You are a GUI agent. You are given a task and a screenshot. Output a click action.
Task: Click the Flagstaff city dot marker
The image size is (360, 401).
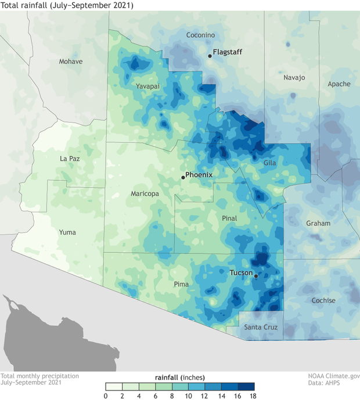click(210, 56)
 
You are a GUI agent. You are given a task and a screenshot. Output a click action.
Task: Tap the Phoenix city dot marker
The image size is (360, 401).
click(183, 177)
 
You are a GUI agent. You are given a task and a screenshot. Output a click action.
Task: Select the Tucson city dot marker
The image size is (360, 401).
click(256, 276)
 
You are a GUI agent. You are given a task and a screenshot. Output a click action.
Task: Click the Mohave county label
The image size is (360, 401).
click(71, 62)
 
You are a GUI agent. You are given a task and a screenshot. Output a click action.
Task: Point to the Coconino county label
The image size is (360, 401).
click(200, 35)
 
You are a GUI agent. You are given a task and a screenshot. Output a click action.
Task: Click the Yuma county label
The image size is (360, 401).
click(67, 232)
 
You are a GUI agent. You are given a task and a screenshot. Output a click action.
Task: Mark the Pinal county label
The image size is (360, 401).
click(231, 218)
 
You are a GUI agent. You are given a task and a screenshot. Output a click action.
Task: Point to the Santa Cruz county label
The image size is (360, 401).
click(260, 328)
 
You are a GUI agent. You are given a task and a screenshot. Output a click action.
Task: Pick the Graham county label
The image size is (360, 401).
click(318, 223)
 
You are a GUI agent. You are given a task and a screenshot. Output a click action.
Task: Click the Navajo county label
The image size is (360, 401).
click(294, 77)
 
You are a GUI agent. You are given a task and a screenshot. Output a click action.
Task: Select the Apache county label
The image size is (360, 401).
click(339, 84)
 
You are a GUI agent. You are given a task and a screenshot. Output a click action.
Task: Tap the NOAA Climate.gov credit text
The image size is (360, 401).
click(333, 376)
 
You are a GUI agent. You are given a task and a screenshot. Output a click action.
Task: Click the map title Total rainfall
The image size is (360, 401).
click(67, 6)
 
